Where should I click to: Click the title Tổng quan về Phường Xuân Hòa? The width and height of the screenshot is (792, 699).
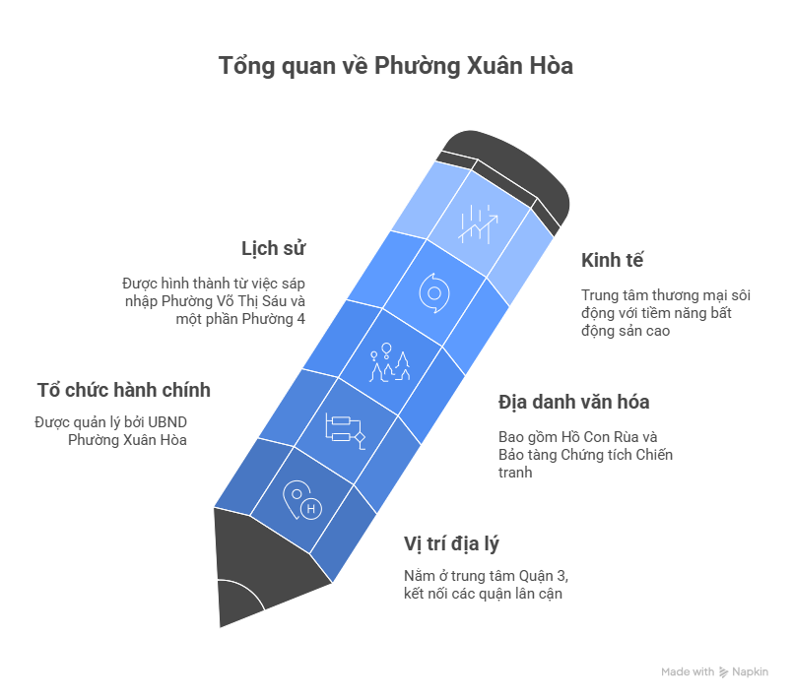[395, 67]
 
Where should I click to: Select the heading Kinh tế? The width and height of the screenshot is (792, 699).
[613, 260]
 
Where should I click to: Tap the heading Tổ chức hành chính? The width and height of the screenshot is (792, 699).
[123, 390]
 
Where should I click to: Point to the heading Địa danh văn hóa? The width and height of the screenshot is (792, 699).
[573, 402]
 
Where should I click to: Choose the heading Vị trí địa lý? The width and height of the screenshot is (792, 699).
[457, 543]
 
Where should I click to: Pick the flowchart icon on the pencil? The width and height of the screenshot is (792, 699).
[344, 430]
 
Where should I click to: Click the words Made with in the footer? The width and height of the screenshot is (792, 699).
[688, 672]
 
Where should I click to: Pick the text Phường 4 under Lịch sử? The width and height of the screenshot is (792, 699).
[287, 318]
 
